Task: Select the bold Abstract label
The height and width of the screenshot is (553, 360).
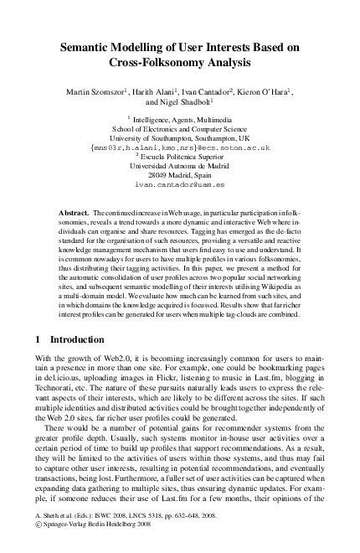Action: [x=76, y=215]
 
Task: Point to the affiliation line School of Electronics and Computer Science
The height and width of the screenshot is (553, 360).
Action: [x=180, y=129]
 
